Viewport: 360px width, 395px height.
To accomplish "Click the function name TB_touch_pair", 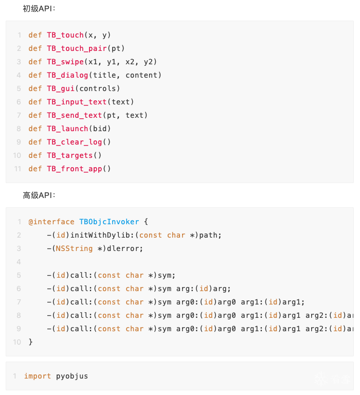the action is pyautogui.click(x=77, y=49).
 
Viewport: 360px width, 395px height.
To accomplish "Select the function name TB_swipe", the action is pyautogui.click(x=65, y=62).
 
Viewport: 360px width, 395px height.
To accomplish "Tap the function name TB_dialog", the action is pyautogui.click(x=67, y=75).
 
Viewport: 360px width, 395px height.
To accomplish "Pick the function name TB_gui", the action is pyautogui.click(x=61, y=88).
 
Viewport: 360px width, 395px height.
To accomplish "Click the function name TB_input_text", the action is pyautogui.click(x=77, y=102).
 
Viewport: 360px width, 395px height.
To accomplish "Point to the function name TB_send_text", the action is pyautogui.click(x=75, y=115).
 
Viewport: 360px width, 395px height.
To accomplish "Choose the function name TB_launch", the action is pyautogui.click(x=67, y=129).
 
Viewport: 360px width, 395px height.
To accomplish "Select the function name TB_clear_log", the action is pyautogui.click(x=75, y=142).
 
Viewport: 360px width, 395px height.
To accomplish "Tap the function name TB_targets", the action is pyautogui.click(x=70, y=155).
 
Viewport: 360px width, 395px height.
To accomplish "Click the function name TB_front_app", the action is pyautogui.click(x=75, y=169).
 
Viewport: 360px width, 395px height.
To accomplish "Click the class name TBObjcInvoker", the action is pyautogui.click(x=109, y=222).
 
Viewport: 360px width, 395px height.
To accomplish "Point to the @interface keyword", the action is pyautogui.click(x=51, y=222).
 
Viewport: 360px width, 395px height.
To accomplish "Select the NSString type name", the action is pyautogui.click(x=75, y=248).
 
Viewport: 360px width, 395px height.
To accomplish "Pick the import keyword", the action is pyautogui.click(x=38, y=376).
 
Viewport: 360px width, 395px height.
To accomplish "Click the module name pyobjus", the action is pyautogui.click(x=72, y=376).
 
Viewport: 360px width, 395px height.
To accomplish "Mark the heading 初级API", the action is pyautogui.click(x=39, y=9).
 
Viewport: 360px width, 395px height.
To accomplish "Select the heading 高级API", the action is pyautogui.click(x=39, y=195).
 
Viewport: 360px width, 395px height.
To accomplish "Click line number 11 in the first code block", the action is pyautogui.click(x=17, y=169).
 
